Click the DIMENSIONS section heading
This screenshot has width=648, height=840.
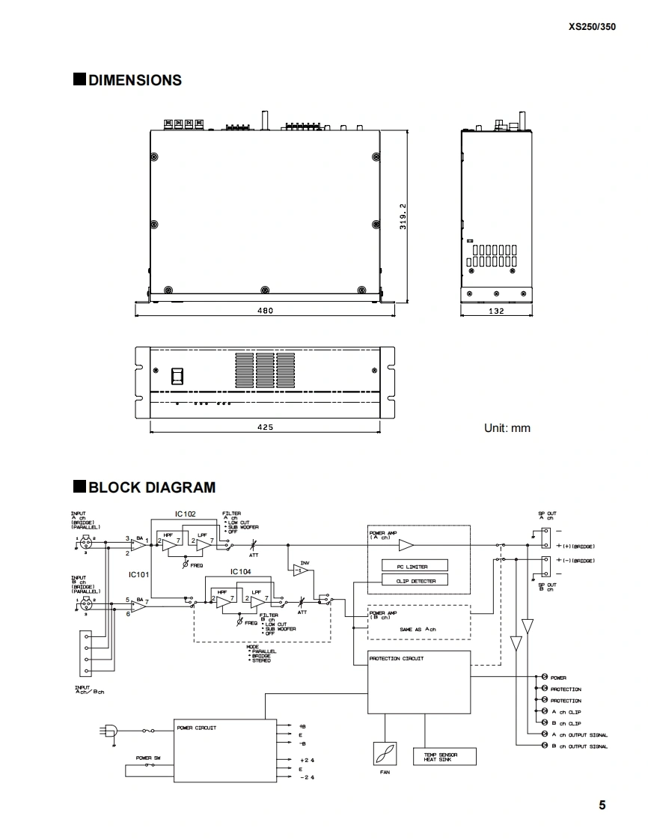(134, 80)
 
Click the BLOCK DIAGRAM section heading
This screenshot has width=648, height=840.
(151, 487)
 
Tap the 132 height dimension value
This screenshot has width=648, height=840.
(496, 311)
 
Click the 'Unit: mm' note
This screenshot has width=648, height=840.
(507, 428)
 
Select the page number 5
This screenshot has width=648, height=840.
(602, 806)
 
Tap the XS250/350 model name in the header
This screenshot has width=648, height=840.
(592, 26)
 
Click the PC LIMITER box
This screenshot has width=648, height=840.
(415, 567)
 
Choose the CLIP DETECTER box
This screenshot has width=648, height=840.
(415, 581)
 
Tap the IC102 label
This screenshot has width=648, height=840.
(185, 514)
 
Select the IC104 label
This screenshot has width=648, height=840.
(241, 572)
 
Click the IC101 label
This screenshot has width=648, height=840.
(138, 575)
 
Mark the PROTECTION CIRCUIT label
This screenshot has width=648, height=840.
(397, 659)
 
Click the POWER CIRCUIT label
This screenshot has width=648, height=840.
(197, 728)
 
